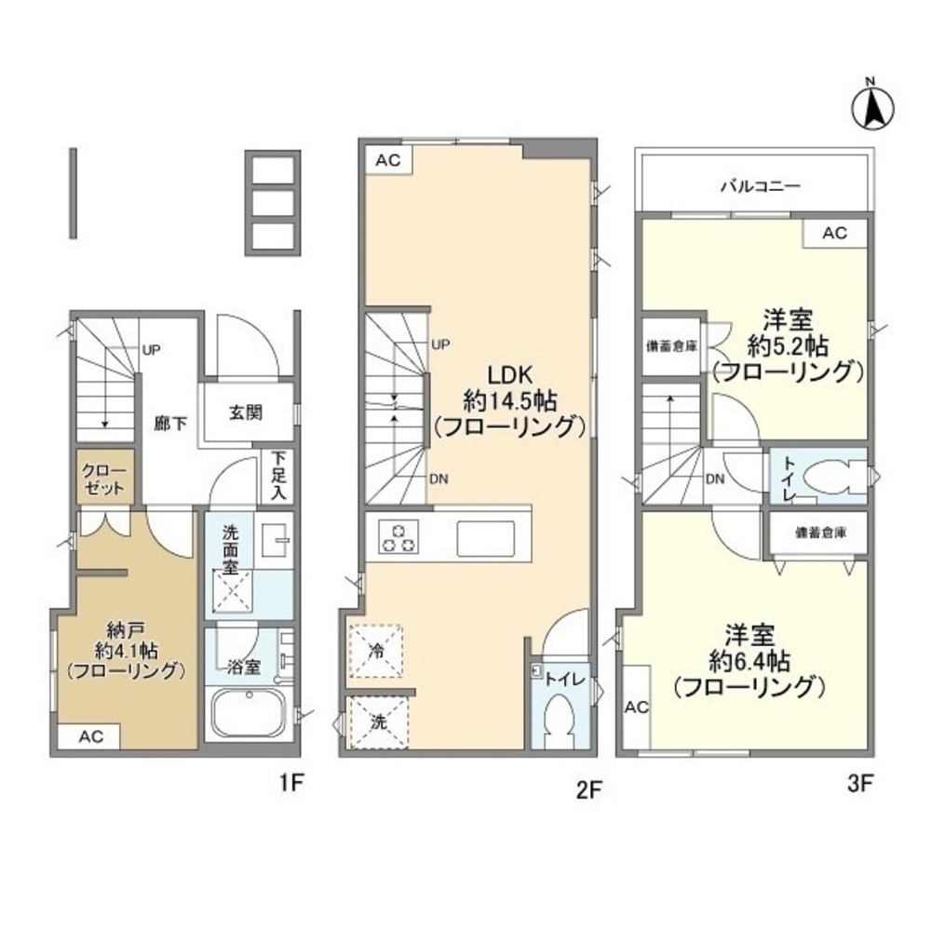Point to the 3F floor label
(858, 784)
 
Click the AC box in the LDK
(387, 160)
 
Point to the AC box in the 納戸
(89, 736)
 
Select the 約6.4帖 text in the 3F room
(749, 662)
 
